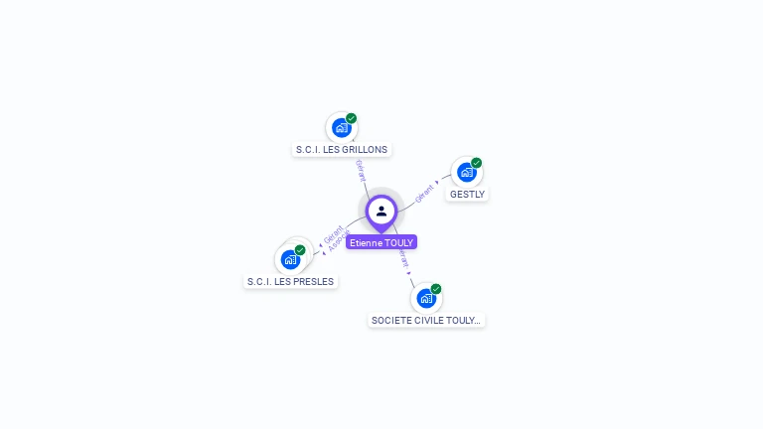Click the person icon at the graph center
tap(381, 211)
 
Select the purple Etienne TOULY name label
tap(381, 242)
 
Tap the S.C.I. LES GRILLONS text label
tap(342, 150)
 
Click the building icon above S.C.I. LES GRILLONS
tap(341, 128)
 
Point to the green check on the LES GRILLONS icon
tap(351, 118)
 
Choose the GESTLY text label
tap(467, 195)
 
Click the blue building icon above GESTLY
tap(466, 173)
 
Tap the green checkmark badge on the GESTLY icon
tap(476, 163)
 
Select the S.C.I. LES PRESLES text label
tap(290, 282)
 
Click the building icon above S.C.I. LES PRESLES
tap(290, 260)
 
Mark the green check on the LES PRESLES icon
tap(300, 250)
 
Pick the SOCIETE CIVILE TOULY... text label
tap(426, 321)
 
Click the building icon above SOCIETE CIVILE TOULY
tap(425, 298)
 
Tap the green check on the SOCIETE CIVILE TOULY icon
tap(435, 289)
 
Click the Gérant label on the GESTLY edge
tap(424, 192)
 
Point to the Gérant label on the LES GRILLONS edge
tap(360, 170)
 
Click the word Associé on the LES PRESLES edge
tap(339, 240)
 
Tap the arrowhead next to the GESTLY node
tap(438, 183)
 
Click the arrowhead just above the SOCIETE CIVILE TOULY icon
tap(410, 271)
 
